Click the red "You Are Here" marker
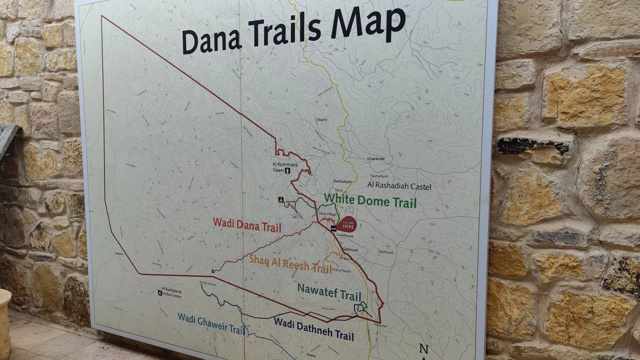[348, 224]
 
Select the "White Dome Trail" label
[370, 201]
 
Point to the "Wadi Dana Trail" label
[247, 224]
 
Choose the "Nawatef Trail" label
[329, 291]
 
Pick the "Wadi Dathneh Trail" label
[313, 328]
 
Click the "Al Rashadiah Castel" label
[399, 186]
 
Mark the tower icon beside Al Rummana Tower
[288, 171]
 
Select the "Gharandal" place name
[375, 159]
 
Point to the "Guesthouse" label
[345, 235]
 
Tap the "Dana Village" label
[328, 214]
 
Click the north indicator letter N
[423, 348]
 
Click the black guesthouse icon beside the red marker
[333, 228]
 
